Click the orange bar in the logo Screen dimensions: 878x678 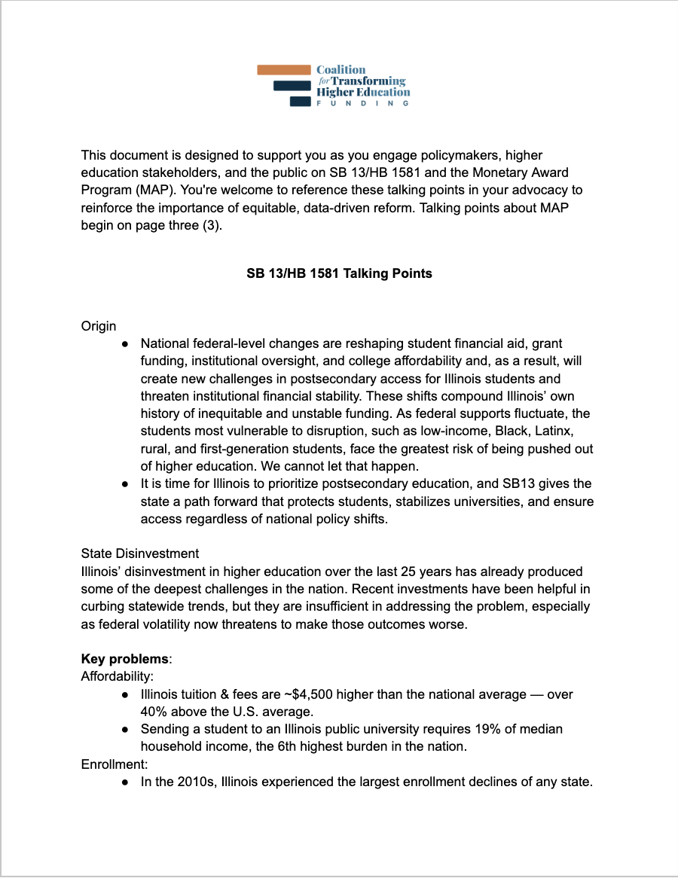click(x=283, y=69)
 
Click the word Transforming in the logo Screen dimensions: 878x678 click(x=368, y=81)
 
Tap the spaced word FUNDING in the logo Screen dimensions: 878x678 click(x=362, y=103)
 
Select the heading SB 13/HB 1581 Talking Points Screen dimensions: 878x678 click(x=339, y=273)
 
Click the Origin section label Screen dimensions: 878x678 click(x=99, y=326)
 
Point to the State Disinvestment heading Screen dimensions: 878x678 click(x=140, y=553)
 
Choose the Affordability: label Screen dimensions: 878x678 click(x=117, y=676)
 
